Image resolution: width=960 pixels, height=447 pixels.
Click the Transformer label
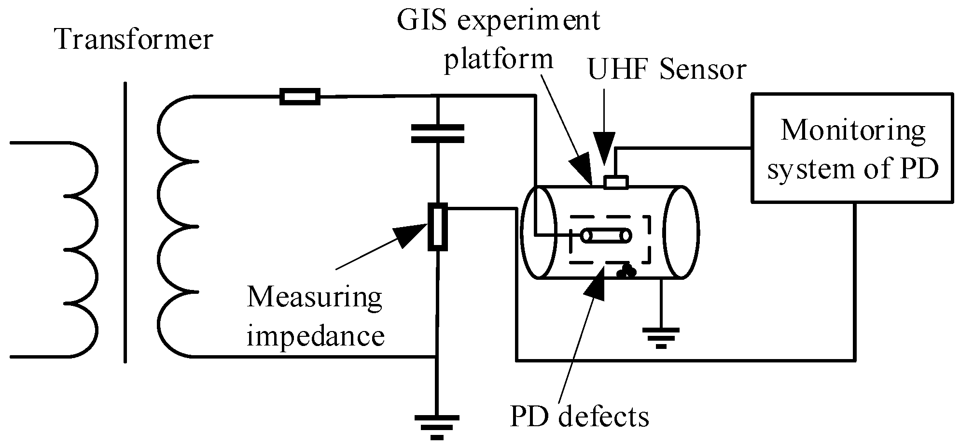(x=134, y=40)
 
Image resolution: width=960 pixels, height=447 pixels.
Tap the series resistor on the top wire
(x=300, y=97)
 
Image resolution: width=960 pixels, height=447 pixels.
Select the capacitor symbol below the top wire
(x=437, y=133)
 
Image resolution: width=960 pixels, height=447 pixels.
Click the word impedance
(x=316, y=336)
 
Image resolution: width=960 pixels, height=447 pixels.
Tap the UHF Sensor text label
(x=667, y=70)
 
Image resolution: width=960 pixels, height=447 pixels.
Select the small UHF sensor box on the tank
(x=616, y=182)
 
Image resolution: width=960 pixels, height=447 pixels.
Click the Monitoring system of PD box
(x=852, y=148)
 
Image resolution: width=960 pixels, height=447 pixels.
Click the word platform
(x=498, y=59)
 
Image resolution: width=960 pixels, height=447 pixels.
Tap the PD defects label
(x=579, y=417)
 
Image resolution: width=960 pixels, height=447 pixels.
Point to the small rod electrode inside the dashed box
(x=606, y=235)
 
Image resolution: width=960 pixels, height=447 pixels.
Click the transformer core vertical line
(x=125, y=222)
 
